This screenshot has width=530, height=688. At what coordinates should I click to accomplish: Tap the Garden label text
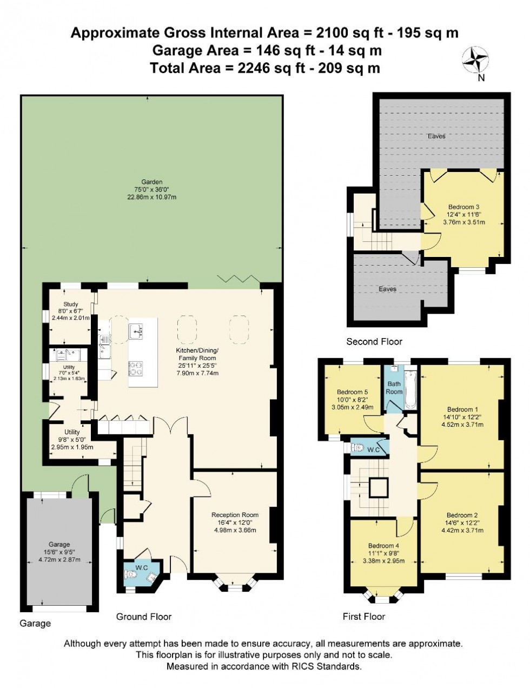tap(152, 182)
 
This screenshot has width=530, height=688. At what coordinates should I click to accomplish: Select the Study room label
tap(70, 305)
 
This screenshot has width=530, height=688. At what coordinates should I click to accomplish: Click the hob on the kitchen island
tap(136, 368)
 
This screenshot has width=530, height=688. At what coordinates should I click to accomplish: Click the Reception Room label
tap(235, 515)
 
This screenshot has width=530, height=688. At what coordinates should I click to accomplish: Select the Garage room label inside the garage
tap(59, 544)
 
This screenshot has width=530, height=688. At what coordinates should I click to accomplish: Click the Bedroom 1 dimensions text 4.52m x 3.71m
tap(462, 425)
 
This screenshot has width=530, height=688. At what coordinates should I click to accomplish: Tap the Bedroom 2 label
tap(462, 515)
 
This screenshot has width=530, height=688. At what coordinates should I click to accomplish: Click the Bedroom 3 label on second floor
tap(463, 207)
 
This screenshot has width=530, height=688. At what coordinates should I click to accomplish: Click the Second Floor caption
tap(374, 341)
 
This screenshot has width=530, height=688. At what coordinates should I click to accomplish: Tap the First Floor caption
tap(364, 616)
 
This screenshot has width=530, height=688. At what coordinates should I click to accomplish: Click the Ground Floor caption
tap(144, 616)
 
